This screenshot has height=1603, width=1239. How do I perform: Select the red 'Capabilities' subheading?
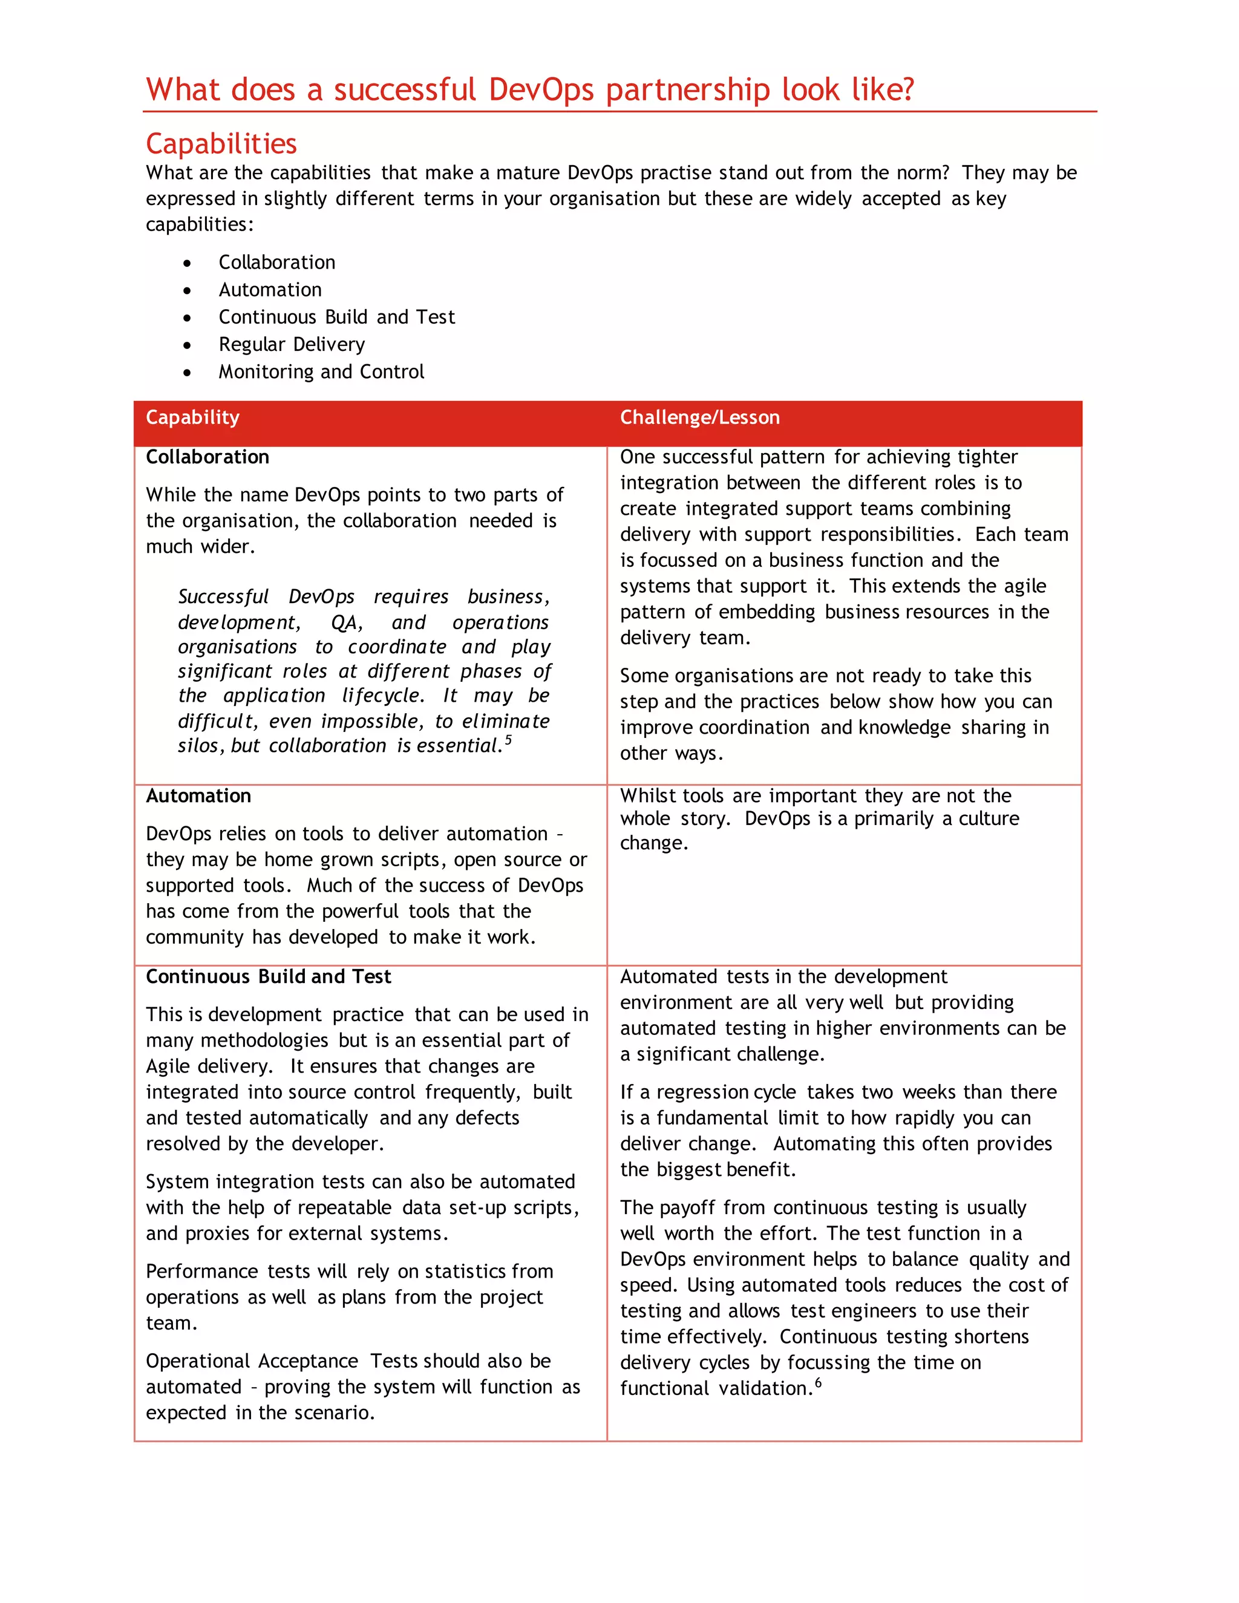tap(221, 144)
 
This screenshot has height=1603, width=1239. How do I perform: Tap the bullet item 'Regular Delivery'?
tap(292, 344)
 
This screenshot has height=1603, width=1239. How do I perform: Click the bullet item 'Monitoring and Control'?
tap(321, 371)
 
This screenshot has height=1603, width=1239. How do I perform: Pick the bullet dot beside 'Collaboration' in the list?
tap(188, 263)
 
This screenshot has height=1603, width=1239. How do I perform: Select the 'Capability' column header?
tap(192, 417)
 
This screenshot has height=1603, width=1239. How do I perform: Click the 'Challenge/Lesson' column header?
tap(699, 417)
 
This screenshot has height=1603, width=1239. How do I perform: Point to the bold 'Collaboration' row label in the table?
tap(207, 457)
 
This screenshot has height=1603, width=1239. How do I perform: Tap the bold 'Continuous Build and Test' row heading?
tap(268, 976)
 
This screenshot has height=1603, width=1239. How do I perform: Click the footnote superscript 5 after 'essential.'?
tap(509, 739)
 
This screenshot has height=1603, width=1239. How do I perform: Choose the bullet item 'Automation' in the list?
tap(270, 290)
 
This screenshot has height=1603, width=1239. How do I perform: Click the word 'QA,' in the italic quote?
tap(347, 622)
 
